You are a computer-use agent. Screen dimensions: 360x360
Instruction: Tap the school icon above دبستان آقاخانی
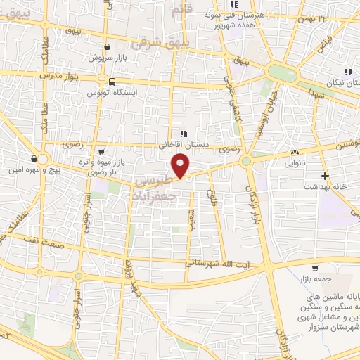[184, 134]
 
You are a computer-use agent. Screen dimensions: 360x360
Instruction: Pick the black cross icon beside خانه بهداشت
[324, 176]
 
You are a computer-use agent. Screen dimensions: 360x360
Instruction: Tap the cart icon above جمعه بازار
[314, 268]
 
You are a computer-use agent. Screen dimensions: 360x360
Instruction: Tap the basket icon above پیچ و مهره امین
[34, 158]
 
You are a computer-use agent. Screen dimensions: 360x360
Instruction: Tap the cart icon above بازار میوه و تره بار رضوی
[102, 151]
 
